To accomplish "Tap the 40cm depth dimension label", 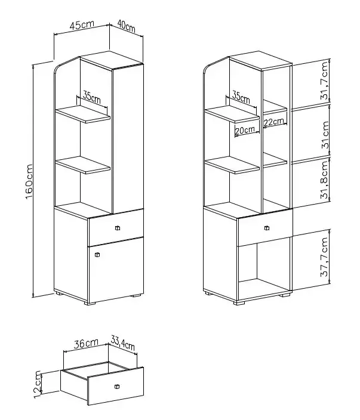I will [127, 27].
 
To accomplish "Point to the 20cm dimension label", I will [244, 129].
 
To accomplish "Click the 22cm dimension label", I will [274, 122].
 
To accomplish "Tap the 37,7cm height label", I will [324, 258].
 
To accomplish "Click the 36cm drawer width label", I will [85, 343].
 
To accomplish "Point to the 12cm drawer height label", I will [38, 383].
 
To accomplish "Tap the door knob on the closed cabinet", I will [97, 254].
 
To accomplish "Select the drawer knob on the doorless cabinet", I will [266, 227].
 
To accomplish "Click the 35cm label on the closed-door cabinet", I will [91, 97].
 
